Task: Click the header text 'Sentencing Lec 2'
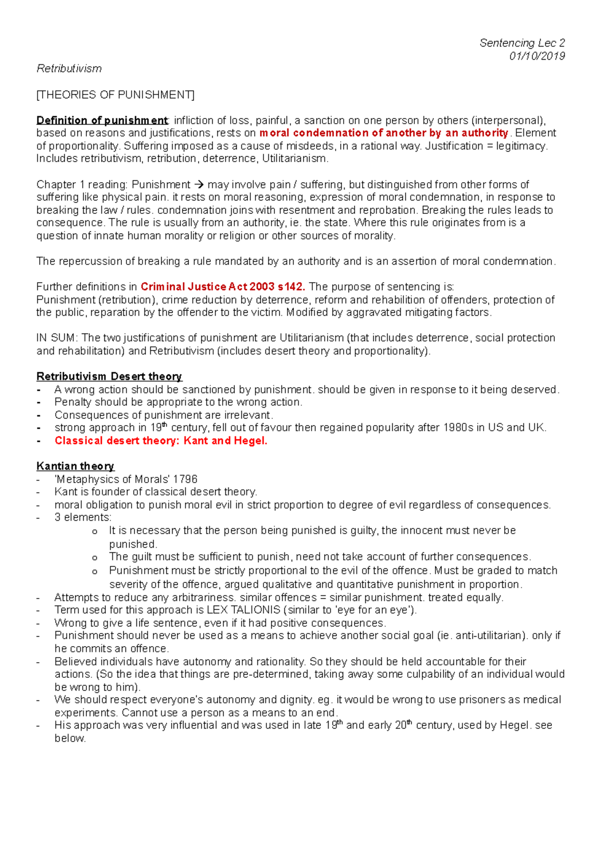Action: click(x=522, y=43)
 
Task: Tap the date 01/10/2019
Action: click(x=537, y=56)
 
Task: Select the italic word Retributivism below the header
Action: click(x=69, y=69)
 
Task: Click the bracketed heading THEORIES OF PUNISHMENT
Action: click(x=115, y=95)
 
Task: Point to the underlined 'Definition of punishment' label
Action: click(x=102, y=120)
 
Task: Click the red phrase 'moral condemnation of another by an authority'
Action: click(x=384, y=133)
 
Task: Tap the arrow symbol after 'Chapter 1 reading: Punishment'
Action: click(x=199, y=185)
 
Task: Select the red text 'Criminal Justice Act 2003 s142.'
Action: click(x=223, y=287)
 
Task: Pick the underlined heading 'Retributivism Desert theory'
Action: click(x=109, y=377)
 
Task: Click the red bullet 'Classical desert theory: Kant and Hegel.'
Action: click(x=161, y=441)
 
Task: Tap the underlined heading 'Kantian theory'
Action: click(x=75, y=466)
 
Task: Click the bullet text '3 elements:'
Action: click(x=83, y=518)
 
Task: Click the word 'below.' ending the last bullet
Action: click(x=70, y=739)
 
